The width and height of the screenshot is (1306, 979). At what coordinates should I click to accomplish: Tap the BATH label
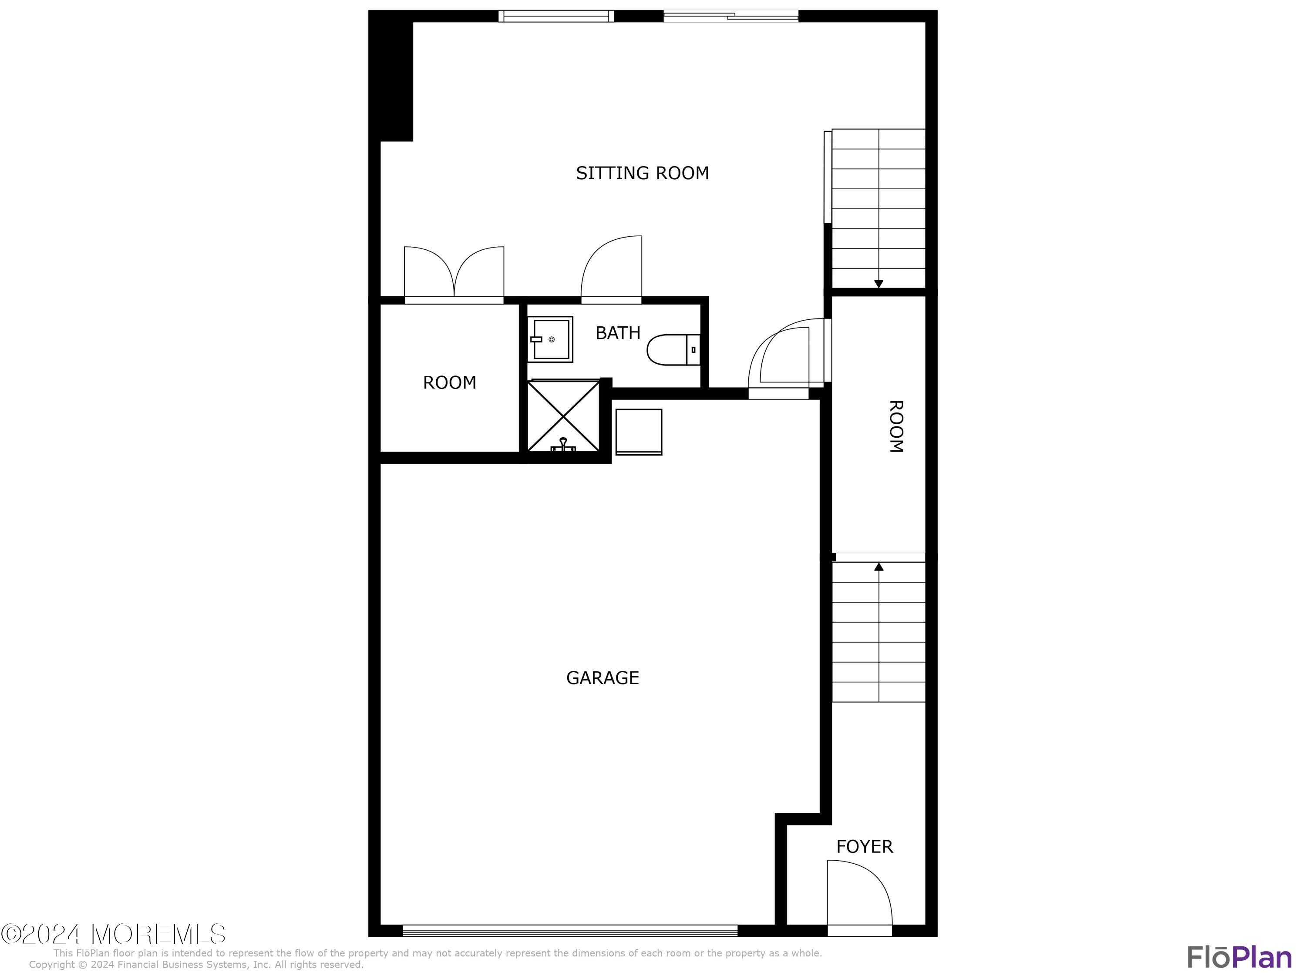coord(618,333)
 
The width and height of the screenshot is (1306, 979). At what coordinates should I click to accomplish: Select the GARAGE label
coord(602,677)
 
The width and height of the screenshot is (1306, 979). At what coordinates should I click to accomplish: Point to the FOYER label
coord(865,847)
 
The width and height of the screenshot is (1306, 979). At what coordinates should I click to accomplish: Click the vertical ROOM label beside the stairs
coord(895,426)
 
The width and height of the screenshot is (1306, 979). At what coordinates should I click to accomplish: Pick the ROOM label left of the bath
coord(449,382)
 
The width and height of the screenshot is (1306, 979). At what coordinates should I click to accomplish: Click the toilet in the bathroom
coord(673,349)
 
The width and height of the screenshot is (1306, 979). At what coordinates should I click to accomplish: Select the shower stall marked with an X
coord(563,416)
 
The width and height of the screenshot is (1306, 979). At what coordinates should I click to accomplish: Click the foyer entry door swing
coord(859,894)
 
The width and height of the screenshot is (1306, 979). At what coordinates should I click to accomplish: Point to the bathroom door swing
coord(612,268)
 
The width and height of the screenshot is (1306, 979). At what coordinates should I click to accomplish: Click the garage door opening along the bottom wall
coord(570,931)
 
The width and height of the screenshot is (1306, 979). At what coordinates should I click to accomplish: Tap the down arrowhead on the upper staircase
coord(879,284)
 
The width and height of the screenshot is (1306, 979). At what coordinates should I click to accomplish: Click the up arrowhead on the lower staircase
coord(879,567)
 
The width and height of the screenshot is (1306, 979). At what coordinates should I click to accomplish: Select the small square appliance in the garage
coord(638,431)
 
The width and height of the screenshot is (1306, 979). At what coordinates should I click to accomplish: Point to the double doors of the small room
coord(454,275)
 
